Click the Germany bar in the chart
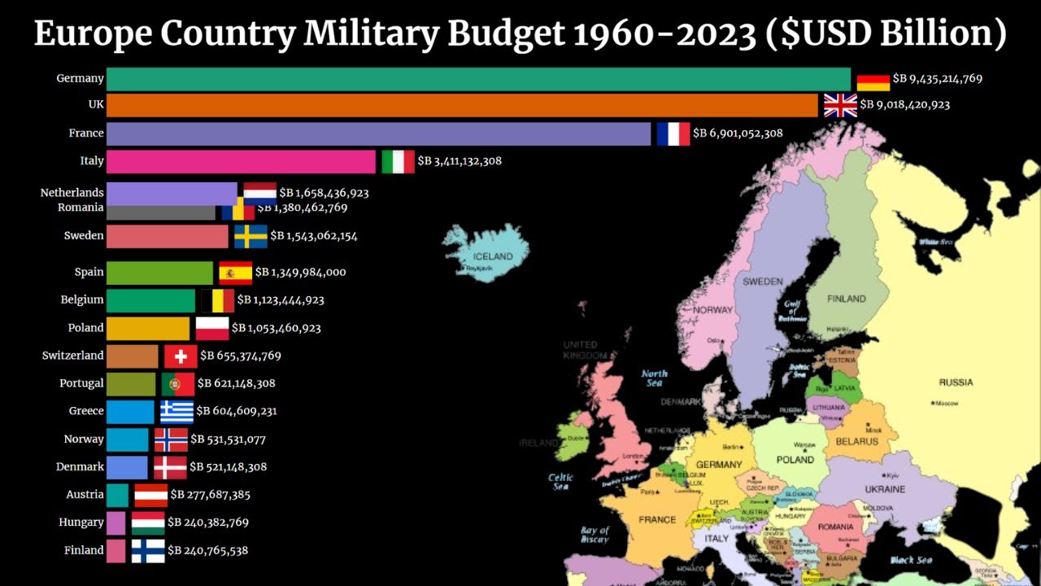(478, 79)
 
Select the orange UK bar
(462, 105)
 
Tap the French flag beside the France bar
(673, 133)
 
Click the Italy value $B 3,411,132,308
(460, 161)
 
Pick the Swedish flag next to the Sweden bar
(250, 236)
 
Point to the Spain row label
(89, 272)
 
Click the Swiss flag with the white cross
(181, 356)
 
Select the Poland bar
(148, 328)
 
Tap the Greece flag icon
(176, 411)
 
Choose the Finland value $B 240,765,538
(207, 550)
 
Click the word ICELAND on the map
(493, 256)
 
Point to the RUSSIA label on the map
(956, 383)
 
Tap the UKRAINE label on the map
(885, 489)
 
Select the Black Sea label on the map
(912, 560)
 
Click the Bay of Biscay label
(595, 535)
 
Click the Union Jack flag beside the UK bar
(840, 105)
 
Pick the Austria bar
(117, 495)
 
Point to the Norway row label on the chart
(84, 439)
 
